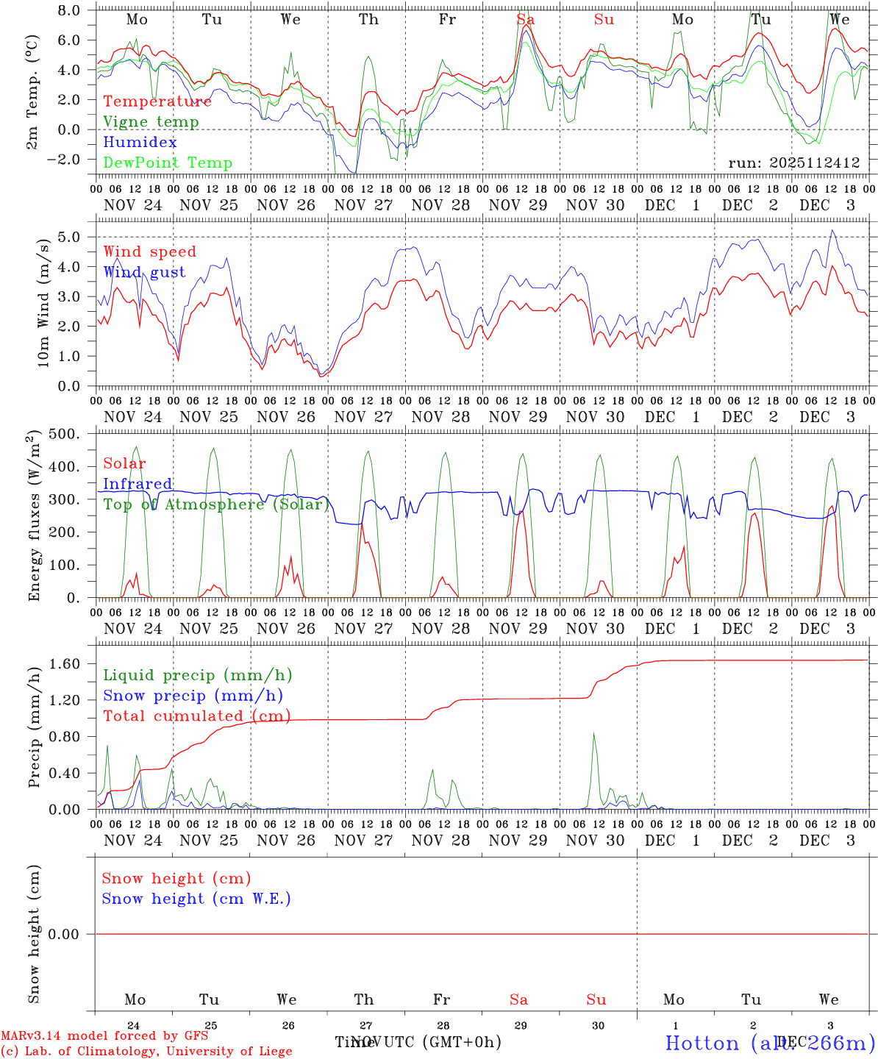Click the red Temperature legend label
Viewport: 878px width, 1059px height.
tap(157, 101)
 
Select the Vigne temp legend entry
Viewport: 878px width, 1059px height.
tap(151, 122)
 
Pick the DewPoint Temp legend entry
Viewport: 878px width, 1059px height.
tap(168, 163)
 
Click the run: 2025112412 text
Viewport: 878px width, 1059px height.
tap(794, 163)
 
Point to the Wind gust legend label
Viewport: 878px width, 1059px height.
tap(144, 272)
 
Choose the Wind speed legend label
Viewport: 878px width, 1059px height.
tap(150, 252)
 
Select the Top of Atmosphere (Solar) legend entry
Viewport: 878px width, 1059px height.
tap(215, 504)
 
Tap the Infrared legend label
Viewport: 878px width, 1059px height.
tap(138, 484)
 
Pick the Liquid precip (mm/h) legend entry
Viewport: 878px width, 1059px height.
tap(197, 675)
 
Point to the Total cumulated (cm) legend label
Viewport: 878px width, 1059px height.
tap(196, 716)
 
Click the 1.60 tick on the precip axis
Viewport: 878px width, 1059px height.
tap(65, 664)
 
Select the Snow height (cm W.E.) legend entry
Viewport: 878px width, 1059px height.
tap(196, 899)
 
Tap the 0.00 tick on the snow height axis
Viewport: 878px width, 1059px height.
tap(65, 934)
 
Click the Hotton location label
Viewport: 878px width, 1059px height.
tap(770, 1043)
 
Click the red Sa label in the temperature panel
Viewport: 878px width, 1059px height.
tap(525, 20)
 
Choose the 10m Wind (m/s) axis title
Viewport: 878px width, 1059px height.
tap(43, 302)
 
